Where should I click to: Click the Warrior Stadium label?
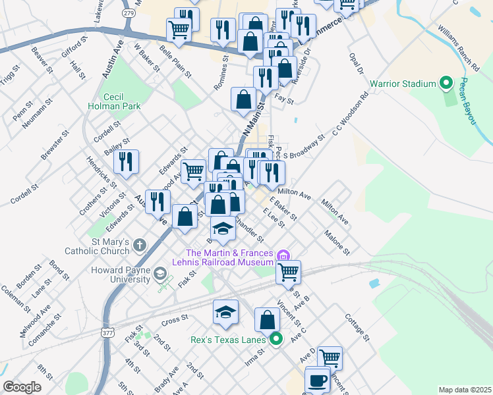403,84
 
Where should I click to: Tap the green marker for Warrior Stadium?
446,84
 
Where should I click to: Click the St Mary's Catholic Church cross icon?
139,246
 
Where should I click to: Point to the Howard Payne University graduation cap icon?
160,273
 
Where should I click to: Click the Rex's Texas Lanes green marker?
276,340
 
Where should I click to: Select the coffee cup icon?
318,380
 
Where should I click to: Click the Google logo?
22,387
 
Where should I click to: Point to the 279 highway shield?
129,13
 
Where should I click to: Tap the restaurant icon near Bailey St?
125,161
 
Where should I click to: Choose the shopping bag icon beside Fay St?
243,99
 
